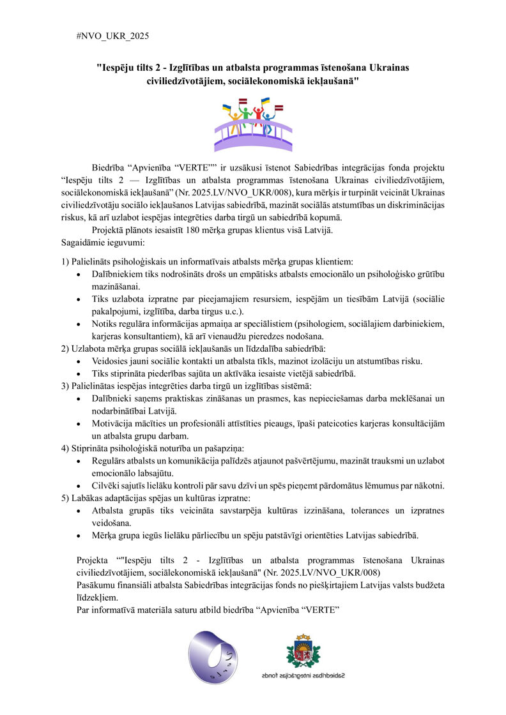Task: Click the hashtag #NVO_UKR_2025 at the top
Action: pos(112,36)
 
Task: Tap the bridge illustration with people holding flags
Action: pos(254,124)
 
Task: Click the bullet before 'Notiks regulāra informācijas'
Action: pos(78,324)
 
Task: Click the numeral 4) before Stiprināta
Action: pos(66,448)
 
